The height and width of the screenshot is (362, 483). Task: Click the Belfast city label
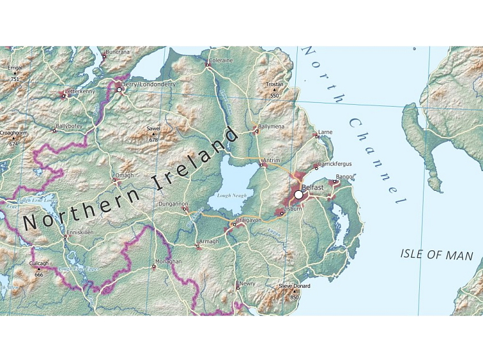[x=313, y=187]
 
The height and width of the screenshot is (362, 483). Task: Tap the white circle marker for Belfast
[x=298, y=194]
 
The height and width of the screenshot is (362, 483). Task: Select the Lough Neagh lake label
[x=231, y=195]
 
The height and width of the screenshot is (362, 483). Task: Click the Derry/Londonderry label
[x=149, y=84]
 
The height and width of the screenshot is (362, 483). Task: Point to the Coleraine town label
[x=221, y=60]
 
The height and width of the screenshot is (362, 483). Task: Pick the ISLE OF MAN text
[x=436, y=255]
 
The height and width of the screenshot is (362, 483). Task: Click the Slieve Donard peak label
[x=294, y=286]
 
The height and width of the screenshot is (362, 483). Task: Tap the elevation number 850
[x=295, y=297]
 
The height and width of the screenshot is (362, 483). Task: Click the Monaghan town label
[x=168, y=262]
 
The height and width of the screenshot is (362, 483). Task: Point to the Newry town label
[x=247, y=283]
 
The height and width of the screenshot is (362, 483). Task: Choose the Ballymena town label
[x=271, y=127]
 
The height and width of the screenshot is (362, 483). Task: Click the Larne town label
[x=325, y=132]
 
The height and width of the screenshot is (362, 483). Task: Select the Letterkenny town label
[x=80, y=91]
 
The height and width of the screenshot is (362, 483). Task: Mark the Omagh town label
[x=125, y=175]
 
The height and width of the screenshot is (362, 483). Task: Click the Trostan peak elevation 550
[x=275, y=96]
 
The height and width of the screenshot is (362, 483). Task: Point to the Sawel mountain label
[x=153, y=128]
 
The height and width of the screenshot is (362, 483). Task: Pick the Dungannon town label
[x=173, y=204]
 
